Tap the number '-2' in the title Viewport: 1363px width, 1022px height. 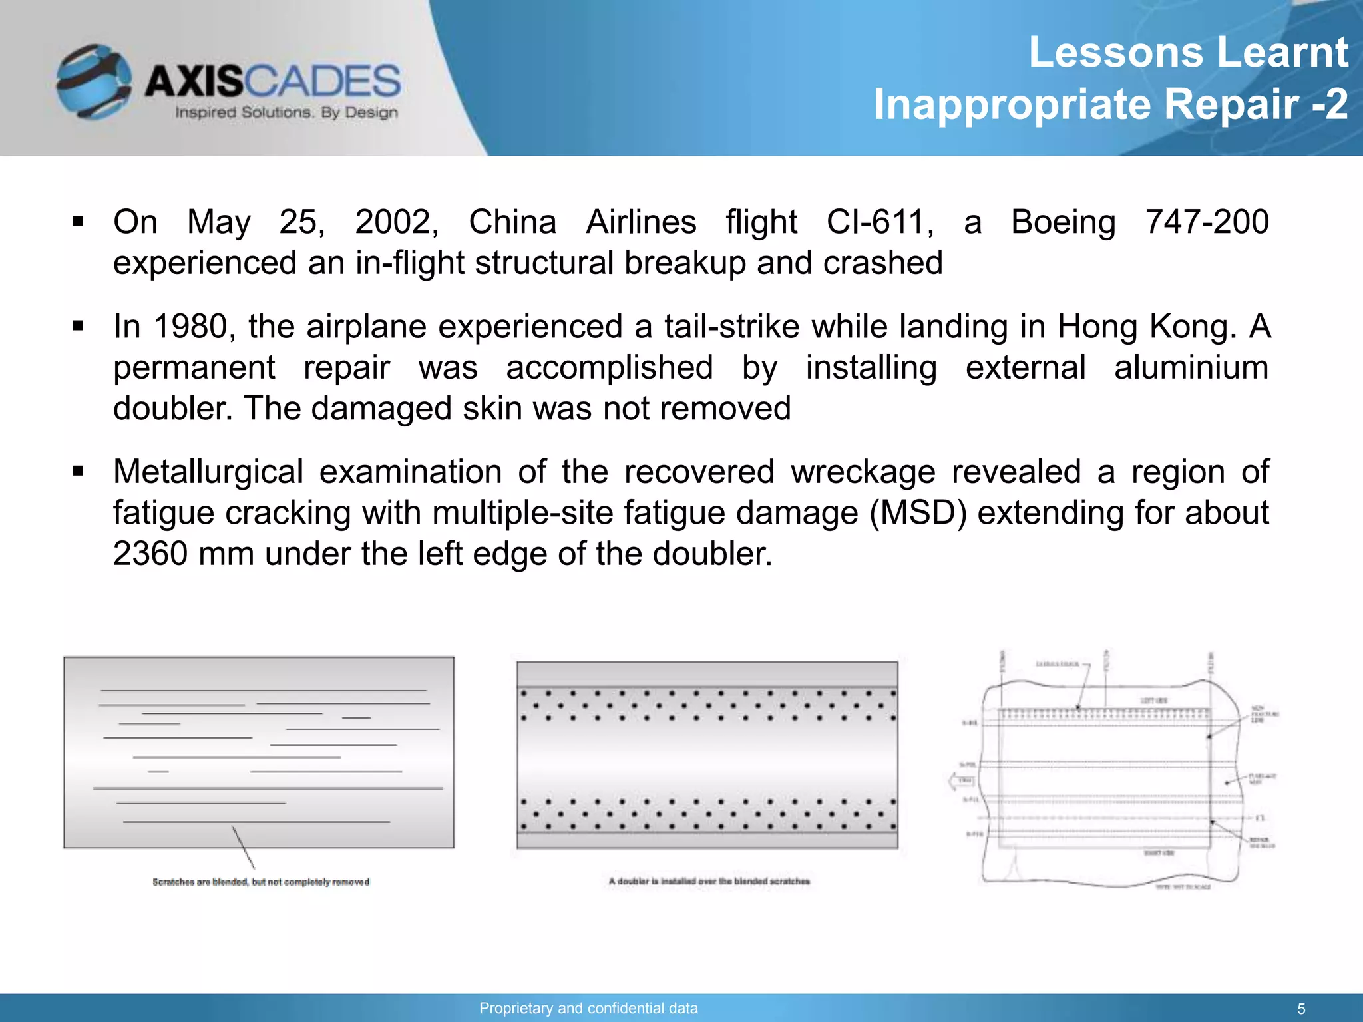[1329, 104]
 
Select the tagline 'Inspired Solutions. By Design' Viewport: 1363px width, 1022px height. [286, 112]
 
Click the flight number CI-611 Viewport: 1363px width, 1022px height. [880, 222]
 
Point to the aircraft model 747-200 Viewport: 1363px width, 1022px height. [1207, 222]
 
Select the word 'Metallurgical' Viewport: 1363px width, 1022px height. [208, 472]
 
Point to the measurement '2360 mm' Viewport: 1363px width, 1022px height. [183, 554]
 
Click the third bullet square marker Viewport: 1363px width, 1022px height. [79, 472]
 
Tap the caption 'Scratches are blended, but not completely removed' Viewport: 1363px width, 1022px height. [261, 882]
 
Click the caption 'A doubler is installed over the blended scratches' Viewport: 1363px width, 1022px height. [709, 881]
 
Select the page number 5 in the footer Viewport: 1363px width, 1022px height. [1301, 1009]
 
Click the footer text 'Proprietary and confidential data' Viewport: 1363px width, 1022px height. [588, 1008]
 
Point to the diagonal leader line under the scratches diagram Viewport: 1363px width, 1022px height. [243, 847]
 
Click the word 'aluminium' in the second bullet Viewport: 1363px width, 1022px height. [1191, 368]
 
